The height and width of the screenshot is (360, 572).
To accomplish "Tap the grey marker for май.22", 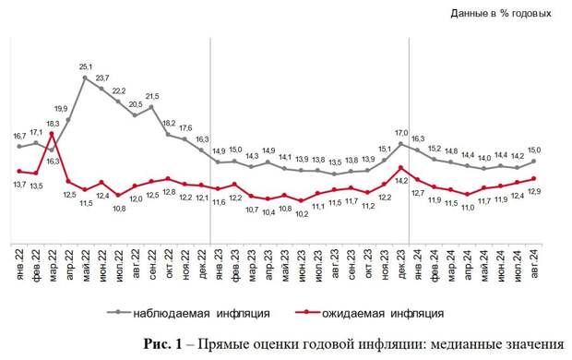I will pos(86,78).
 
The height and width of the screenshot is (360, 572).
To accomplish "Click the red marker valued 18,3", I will pos(52,134).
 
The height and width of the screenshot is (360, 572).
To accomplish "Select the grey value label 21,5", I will pos(152,96).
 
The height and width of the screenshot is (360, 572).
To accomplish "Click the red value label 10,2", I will pos(303,213).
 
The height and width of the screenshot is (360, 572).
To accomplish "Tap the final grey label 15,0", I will pos(533,150).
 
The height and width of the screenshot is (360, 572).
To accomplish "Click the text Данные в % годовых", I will pos(501,13).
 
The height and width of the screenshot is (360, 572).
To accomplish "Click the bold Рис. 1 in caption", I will pos(166,343).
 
